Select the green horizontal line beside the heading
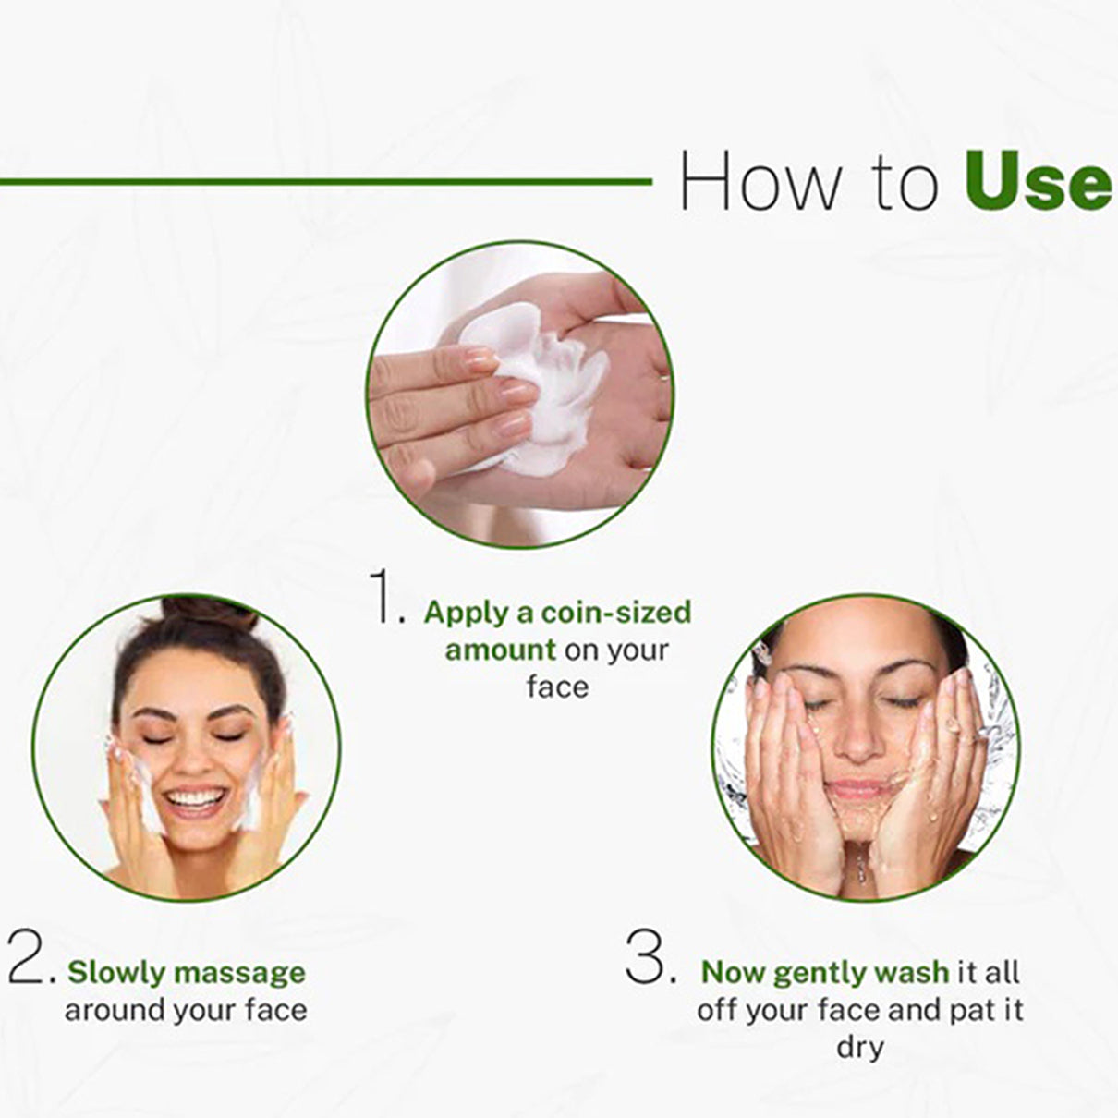point(326,182)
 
